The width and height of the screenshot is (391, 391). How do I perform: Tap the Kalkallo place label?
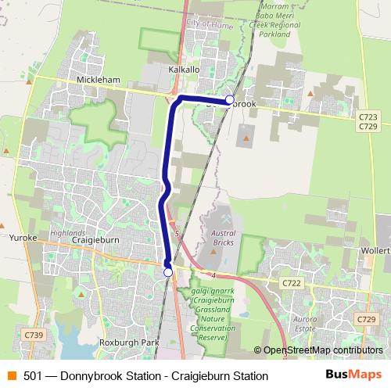pos(185,70)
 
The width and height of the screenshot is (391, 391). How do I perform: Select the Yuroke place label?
pos(23,236)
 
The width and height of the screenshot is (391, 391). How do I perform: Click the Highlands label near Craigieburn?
pos(68,232)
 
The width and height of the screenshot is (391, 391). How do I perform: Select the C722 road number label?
pos(292,283)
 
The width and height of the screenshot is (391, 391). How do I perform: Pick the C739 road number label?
pos(33,334)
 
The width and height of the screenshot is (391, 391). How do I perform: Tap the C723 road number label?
pos(367,117)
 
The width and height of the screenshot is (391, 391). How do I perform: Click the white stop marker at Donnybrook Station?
pos(229,99)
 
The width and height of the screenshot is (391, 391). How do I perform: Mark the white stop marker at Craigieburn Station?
pos(168,272)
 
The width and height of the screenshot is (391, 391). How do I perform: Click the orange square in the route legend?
pos(11,376)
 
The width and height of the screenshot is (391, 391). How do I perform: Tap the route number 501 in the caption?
pos(33,376)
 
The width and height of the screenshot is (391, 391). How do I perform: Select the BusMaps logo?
pos(353,375)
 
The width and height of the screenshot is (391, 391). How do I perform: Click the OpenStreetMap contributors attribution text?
pos(323,350)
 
